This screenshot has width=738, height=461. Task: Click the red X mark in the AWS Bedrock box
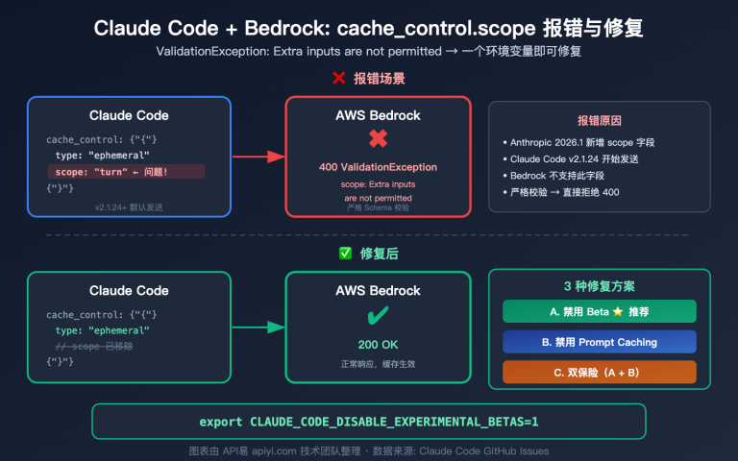[x=378, y=140]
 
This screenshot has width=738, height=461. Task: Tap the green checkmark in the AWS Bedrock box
[x=378, y=316]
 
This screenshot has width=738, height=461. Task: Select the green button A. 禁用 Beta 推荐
[x=599, y=311]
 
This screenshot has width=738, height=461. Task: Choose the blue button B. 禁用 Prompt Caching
[x=599, y=342]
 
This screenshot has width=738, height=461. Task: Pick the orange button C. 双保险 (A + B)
[x=599, y=372]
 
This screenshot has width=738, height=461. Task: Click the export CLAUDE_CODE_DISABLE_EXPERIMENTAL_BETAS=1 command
[x=369, y=422]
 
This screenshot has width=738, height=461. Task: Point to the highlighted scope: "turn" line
[x=127, y=171]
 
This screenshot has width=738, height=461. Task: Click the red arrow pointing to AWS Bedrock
[x=258, y=157]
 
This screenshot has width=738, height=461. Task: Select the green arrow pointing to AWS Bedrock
[x=258, y=329]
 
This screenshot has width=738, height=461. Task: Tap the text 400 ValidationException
[x=378, y=167]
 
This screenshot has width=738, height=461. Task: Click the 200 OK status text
[x=378, y=343]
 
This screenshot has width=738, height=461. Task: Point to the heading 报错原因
[x=599, y=121]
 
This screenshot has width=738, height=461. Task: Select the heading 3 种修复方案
[x=599, y=285]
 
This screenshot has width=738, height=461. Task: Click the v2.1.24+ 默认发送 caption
[x=128, y=206]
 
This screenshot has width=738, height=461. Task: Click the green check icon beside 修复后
[x=345, y=254]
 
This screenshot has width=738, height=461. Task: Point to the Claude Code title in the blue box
[x=129, y=115]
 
